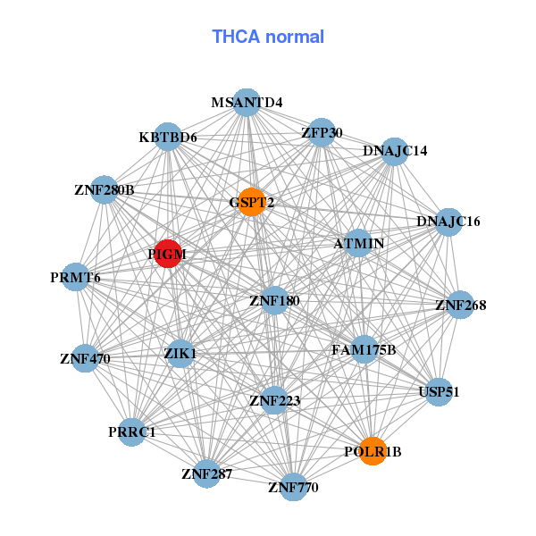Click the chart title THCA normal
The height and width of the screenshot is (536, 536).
pos(268,37)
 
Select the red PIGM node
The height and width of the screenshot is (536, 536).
pos(168,254)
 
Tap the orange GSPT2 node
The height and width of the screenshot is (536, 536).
pos(252,202)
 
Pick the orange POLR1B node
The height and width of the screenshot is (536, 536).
pos(372,451)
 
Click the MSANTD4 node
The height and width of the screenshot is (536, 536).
pos(247,102)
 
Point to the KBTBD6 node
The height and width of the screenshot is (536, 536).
pos(168,137)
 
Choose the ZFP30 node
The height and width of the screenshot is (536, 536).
pos(321,133)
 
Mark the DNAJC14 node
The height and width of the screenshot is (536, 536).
pos(396,150)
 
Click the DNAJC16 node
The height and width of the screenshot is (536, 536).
pos(448,222)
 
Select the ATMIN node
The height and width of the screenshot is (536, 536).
pos(358,243)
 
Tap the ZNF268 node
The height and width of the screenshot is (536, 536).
pos(460,305)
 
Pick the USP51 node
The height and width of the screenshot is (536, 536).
pos(438,391)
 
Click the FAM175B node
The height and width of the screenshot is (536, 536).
pos(364,349)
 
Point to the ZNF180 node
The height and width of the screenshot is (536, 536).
pos(274,300)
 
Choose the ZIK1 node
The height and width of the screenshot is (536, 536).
pos(180,353)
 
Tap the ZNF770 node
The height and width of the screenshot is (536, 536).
pos(293,487)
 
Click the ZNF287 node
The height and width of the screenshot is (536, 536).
pos(206,473)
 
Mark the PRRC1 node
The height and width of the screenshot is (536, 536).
pos(131,431)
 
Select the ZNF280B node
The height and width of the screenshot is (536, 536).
pos(105,189)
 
